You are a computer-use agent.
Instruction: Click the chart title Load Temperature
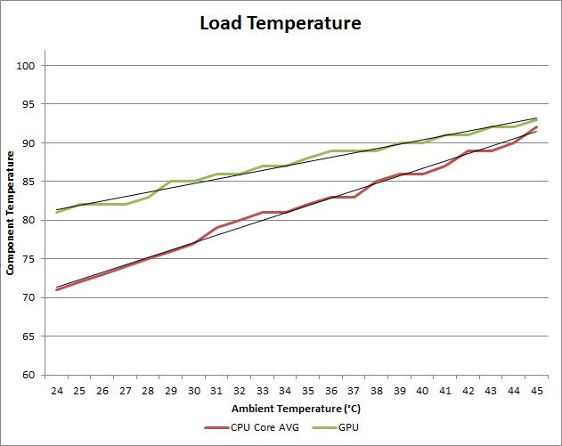pyautogui.click(x=281, y=23)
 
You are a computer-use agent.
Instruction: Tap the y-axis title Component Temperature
pyautogui.click(x=11, y=213)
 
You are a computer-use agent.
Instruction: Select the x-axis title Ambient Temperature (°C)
pyautogui.click(x=297, y=409)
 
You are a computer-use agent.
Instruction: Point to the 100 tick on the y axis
pyautogui.click(x=25, y=66)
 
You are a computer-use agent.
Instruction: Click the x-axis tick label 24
pyautogui.click(x=58, y=391)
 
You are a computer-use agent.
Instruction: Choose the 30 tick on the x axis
pyautogui.click(x=193, y=391)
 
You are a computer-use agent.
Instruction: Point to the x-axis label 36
pyautogui.click(x=331, y=391)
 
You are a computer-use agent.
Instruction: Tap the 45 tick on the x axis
pyautogui.click(x=536, y=391)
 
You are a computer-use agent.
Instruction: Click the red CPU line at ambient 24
pyautogui.click(x=58, y=289)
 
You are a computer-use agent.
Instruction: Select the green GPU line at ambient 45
pyautogui.click(x=536, y=120)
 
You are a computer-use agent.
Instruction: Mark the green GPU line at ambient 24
pyautogui.click(x=58, y=212)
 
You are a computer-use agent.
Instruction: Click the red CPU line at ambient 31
pyautogui.click(x=216, y=228)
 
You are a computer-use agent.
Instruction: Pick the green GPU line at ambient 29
pyautogui.click(x=171, y=182)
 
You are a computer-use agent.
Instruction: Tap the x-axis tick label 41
pyautogui.click(x=445, y=391)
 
